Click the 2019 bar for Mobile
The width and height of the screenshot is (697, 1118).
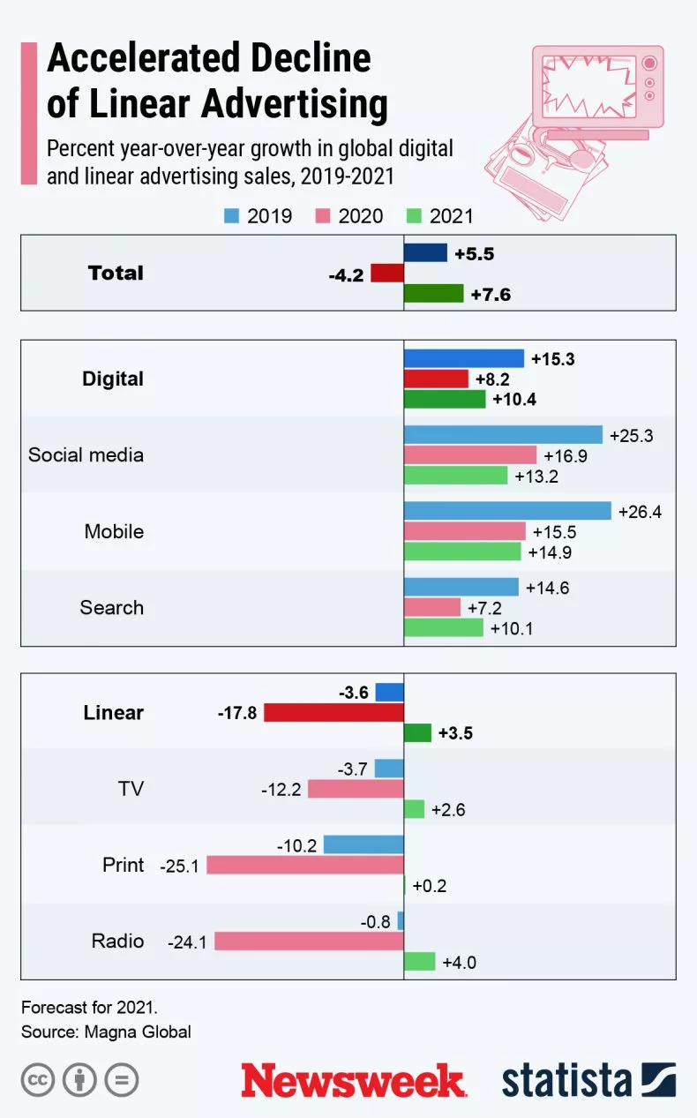[x=507, y=511]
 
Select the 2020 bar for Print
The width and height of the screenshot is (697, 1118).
[x=305, y=865]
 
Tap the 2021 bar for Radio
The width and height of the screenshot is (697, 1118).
[x=420, y=961]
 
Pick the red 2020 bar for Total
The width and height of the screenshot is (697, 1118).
[x=387, y=274]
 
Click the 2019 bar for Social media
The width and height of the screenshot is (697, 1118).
[x=503, y=434]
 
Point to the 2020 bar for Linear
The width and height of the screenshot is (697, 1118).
[x=334, y=712]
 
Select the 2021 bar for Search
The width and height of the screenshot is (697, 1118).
[x=444, y=627]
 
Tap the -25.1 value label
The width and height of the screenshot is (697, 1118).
[x=179, y=866]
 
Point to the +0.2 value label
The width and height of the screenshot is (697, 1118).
[x=430, y=886]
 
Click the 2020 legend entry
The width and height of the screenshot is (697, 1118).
[x=349, y=216]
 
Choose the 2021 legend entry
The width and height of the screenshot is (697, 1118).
[x=440, y=216]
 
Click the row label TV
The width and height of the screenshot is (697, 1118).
[x=131, y=788]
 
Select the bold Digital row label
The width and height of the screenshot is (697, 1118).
[x=113, y=379]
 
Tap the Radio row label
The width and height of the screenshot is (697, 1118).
[x=117, y=941]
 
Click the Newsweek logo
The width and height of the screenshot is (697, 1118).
[x=353, y=1080]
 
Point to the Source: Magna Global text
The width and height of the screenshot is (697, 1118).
[x=106, y=1031]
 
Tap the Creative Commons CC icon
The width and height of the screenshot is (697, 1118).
[x=38, y=1080]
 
